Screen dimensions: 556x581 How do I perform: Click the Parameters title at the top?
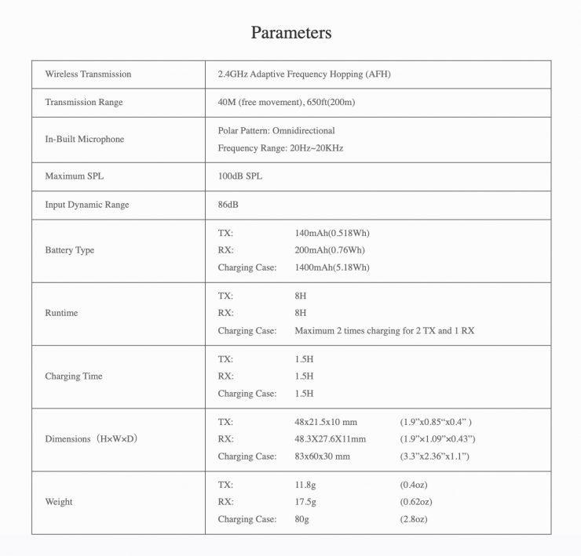click(x=290, y=32)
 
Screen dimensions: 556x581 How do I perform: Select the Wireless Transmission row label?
click(x=88, y=74)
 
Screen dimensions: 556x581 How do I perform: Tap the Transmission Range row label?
click(x=84, y=103)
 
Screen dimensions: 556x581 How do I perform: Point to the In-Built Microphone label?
click(x=85, y=140)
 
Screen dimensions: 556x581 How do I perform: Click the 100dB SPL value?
click(x=239, y=176)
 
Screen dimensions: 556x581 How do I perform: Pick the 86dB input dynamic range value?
click(x=228, y=205)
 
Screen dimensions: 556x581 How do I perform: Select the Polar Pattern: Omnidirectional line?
click(x=276, y=131)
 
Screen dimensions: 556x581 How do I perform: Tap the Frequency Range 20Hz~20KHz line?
click(x=280, y=148)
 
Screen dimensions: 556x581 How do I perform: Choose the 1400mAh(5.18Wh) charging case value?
click(x=331, y=267)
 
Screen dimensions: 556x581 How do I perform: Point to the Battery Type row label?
click(x=70, y=250)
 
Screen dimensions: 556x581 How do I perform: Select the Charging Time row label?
click(x=74, y=376)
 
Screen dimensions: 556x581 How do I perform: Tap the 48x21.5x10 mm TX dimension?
click(x=325, y=422)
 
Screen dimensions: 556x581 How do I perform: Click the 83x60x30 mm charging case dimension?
click(x=322, y=456)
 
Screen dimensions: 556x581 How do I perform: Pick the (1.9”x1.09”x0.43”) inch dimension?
click(x=437, y=439)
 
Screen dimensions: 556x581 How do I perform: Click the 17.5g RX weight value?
click(x=305, y=502)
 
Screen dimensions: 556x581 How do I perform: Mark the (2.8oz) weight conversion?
click(x=414, y=519)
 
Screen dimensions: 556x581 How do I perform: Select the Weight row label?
click(x=59, y=502)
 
